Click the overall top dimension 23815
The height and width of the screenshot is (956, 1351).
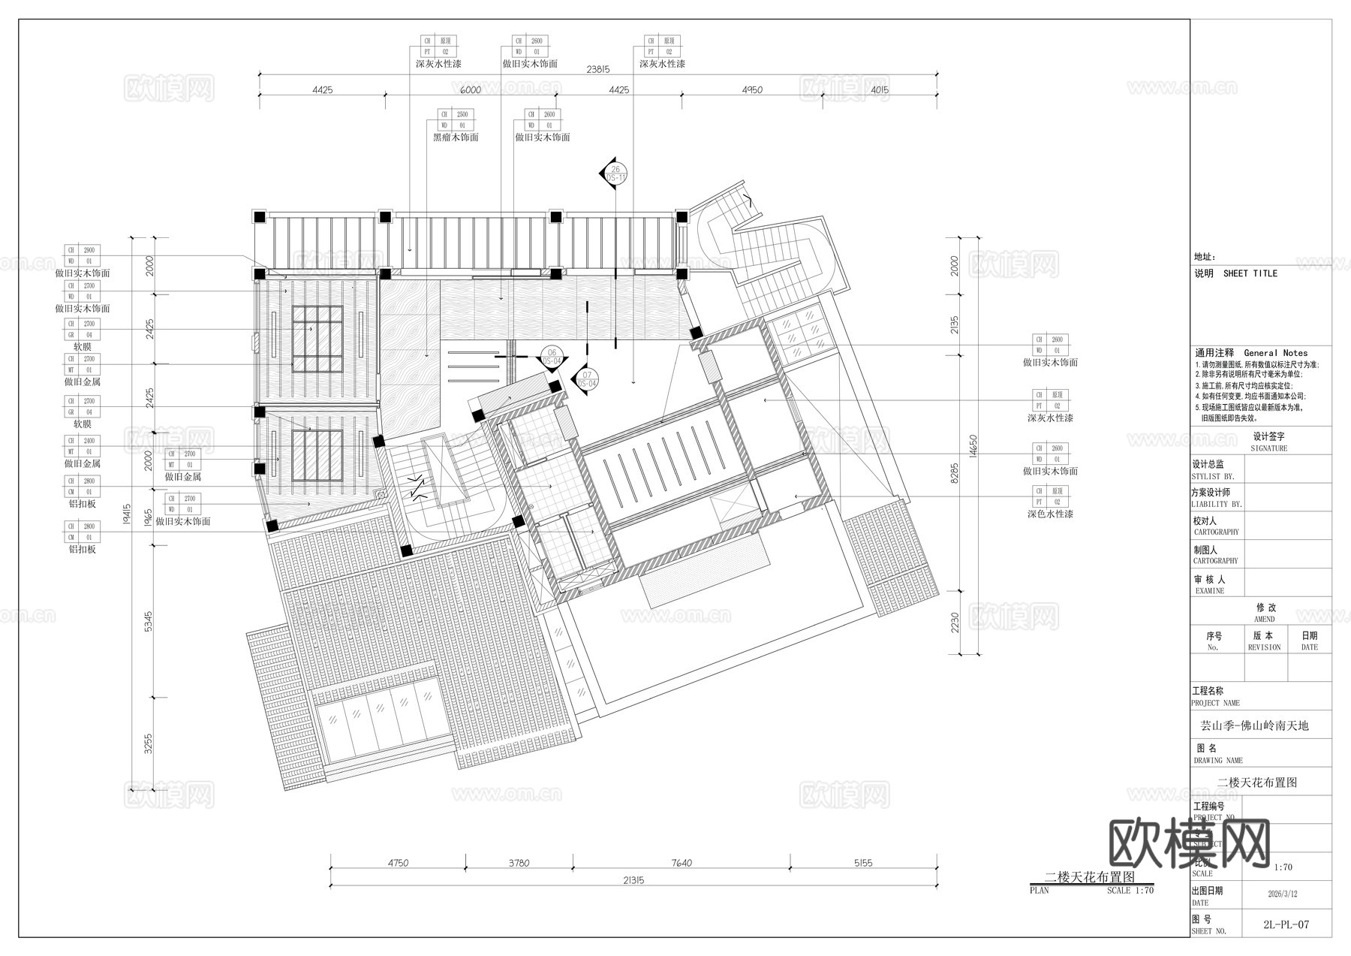[597, 69]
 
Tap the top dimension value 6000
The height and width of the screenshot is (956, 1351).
[471, 90]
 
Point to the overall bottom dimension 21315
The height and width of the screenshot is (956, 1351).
[633, 880]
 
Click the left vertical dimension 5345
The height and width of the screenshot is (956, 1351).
[149, 621]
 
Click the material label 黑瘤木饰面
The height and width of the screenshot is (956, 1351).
[456, 137]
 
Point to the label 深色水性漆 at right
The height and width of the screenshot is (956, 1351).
[1050, 514]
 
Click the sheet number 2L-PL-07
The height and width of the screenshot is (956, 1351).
[1286, 924]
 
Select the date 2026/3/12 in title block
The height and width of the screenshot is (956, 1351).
[1282, 894]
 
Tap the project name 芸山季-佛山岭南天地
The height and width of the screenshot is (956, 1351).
[1254, 726]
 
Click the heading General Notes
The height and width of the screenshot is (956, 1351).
[1275, 353]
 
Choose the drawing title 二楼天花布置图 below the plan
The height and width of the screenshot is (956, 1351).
[1090, 876]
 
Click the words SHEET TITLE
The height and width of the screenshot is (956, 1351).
[1250, 273]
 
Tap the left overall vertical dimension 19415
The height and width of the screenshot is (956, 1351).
[128, 517]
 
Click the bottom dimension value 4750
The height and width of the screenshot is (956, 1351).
[398, 863]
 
